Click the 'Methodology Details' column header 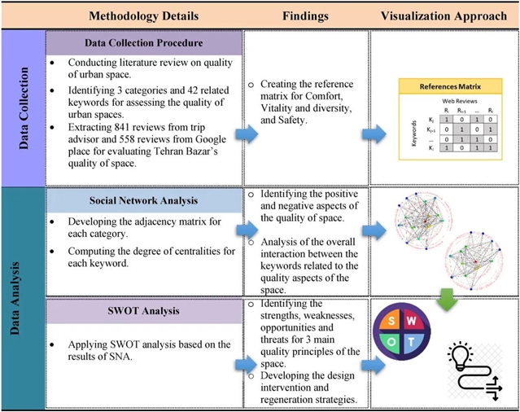point(144,15)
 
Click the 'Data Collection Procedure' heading point(143,43)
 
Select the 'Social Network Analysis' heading point(143,200)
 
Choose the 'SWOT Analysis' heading point(143,311)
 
